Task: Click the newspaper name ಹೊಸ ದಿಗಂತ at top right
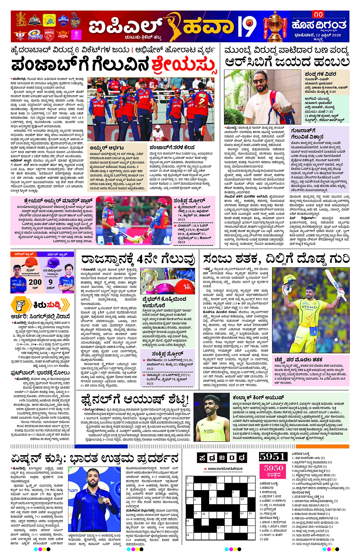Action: (319, 26)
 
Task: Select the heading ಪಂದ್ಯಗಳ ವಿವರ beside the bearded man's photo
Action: (320, 73)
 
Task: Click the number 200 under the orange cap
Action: (35, 282)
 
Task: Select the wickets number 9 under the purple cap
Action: (51, 282)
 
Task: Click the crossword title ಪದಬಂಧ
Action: (222, 457)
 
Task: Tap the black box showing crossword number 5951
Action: (272, 457)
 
